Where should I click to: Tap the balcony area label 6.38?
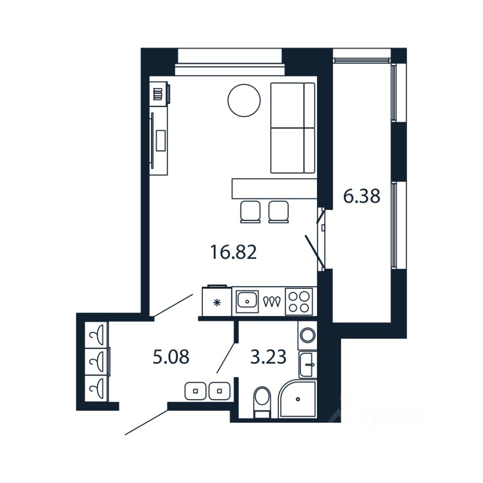[361, 196]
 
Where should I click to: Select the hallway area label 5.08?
[171, 357]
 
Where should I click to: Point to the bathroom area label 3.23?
[268, 357]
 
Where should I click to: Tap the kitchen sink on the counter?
[247, 301]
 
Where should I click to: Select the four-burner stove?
[299, 301]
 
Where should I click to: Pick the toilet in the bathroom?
[262, 401]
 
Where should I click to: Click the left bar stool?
[250, 211]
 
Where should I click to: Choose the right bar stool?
[278, 211]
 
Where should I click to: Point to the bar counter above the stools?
[274, 188]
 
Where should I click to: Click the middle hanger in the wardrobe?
[97, 360]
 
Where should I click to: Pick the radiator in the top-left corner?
[158, 94]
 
